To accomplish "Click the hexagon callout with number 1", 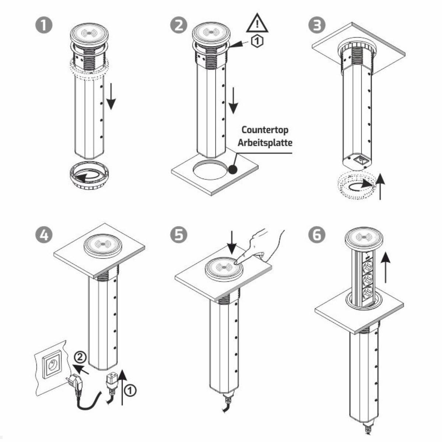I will tap(257, 41).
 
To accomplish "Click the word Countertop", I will tap(265, 130).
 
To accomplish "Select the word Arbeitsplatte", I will tap(265, 143).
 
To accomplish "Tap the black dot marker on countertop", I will tap(233, 169).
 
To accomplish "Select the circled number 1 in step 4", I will tap(130, 390).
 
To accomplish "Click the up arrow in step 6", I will tap(386, 267).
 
